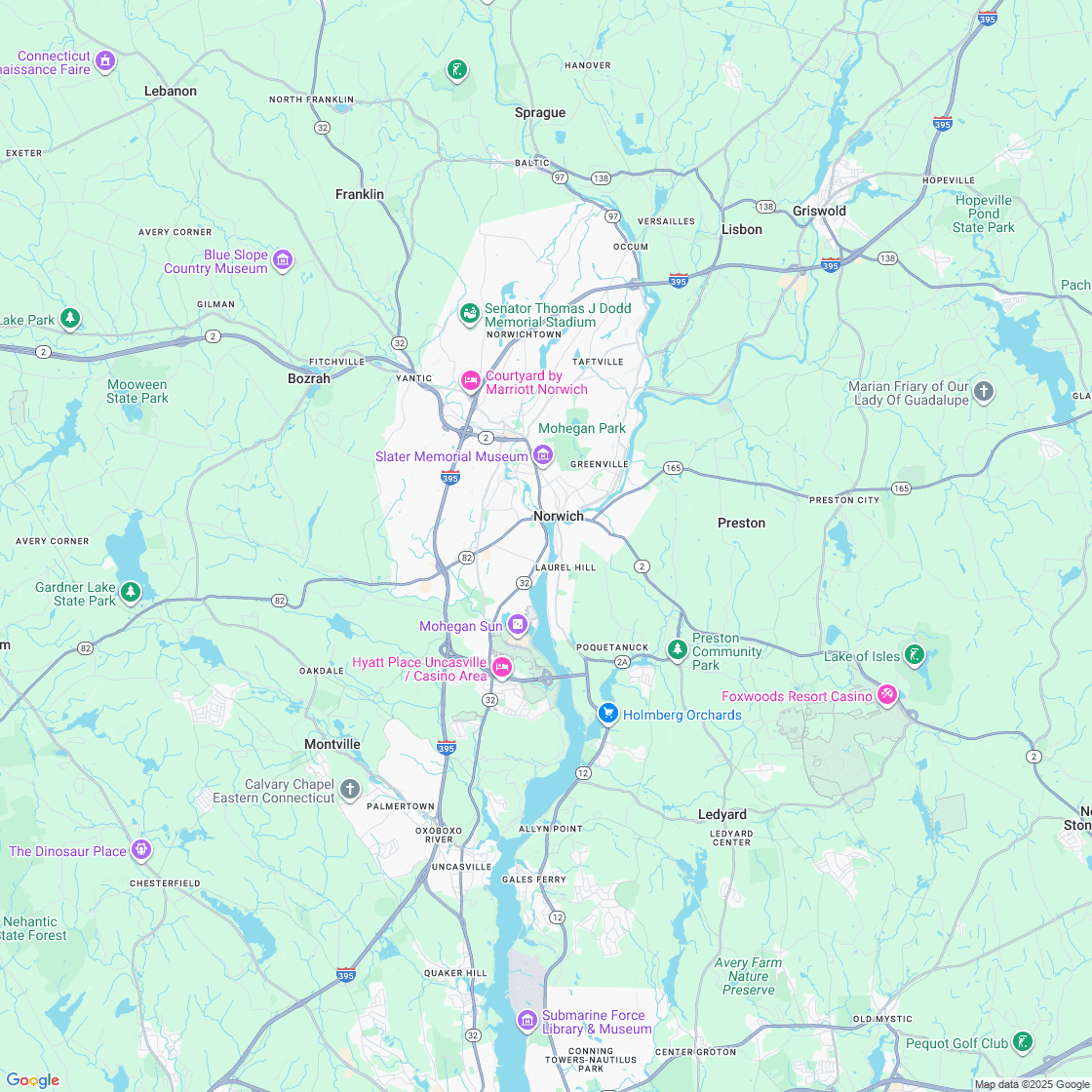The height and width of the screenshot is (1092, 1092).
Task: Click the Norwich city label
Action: click(x=559, y=516)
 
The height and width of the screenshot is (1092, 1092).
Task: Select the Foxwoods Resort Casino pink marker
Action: click(x=886, y=695)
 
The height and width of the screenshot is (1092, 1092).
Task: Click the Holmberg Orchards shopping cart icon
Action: click(x=608, y=714)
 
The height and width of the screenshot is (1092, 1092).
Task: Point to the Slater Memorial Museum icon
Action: click(x=543, y=455)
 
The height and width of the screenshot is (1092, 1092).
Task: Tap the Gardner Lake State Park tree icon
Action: click(x=131, y=592)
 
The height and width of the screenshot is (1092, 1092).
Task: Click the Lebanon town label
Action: click(x=171, y=91)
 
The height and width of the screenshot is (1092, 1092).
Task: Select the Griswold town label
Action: click(x=819, y=211)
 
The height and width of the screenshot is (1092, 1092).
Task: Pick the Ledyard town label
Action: click(x=722, y=814)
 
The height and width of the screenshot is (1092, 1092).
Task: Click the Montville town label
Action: click(x=332, y=744)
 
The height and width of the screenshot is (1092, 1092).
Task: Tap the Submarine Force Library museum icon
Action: click(x=527, y=1021)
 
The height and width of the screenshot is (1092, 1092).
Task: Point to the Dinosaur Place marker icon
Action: click(x=142, y=850)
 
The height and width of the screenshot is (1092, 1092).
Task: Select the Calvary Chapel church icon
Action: click(x=350, y=790)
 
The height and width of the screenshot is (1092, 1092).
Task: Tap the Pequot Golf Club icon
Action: click(x=1022, y=1042)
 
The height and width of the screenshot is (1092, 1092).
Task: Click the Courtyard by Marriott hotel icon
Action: click(x=471, y=381)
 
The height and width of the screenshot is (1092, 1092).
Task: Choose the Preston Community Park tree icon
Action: click(x=678, y=649)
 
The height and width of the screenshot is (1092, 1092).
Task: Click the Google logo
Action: click(x=33, y=1079)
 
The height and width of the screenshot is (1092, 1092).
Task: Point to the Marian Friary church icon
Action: click(x=985, y=392)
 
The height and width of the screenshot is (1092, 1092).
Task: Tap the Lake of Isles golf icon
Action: click(x=914, y=654)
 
